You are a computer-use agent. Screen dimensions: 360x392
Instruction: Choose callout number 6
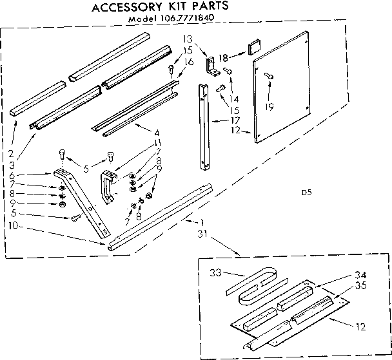[x=13, y=175]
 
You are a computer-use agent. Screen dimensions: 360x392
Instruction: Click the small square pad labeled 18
[x=251, y=49]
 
